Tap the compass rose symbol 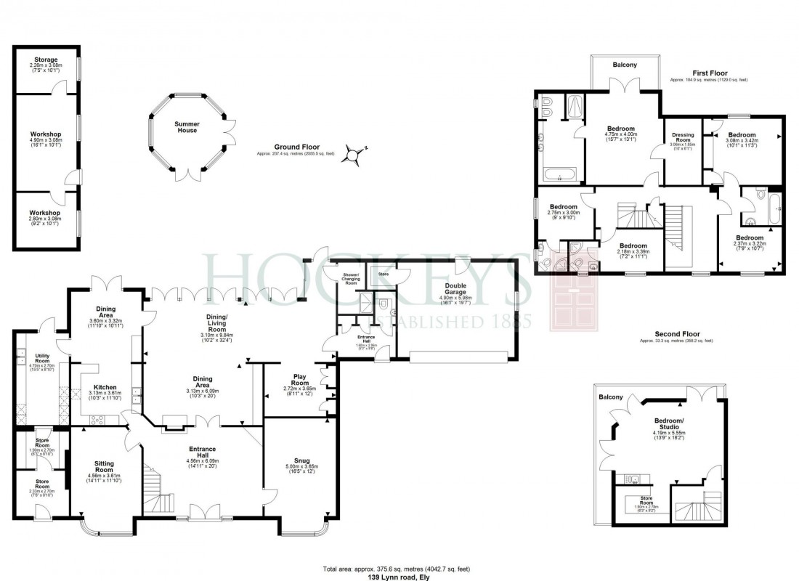354,154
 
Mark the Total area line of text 399,568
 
